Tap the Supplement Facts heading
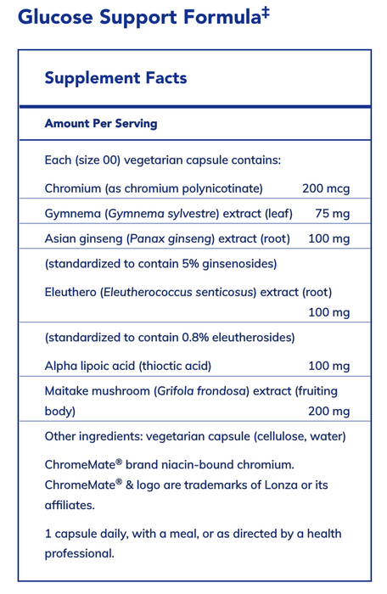tap(115, 78)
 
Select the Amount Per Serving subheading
tap(101, 123)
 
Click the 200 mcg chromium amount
tap(326, 188)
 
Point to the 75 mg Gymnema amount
tap(331, 212)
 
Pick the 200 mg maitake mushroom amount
tap(329, 412)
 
